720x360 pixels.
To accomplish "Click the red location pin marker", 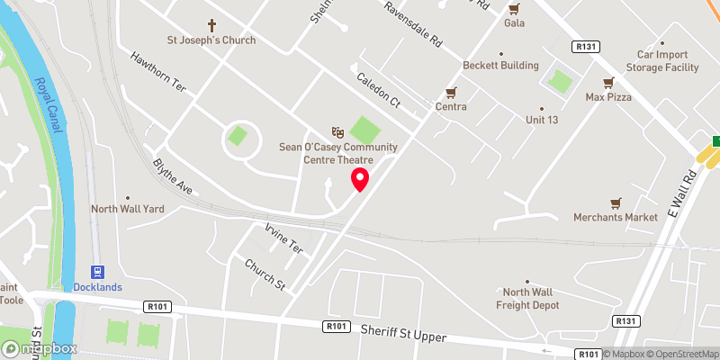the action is pyautogui.click(x=360, y=178).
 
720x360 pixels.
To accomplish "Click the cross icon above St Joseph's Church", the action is pyautogui.click(x=212, y=25).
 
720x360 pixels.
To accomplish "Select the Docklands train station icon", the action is pyautogui.click(x=97, y=272).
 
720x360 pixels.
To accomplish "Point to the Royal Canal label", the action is pyautogui.click(x=49, y=105).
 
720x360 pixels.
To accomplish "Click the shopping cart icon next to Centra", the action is pyautogui.click(x=451, y=93).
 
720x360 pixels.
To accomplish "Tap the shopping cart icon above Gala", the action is pyautogui.click(x=514, y=9).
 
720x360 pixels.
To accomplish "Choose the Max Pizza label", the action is pyautogui.click(x=608, y=96).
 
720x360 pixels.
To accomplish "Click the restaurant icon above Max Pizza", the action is pyautogui.click(x=608, y=82).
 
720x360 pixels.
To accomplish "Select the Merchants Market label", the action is pyautogui.click(x=616, y=217).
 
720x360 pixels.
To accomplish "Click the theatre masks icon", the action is pyautogui.click(x=337, y=132).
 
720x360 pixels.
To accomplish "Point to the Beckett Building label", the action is pyautogui.click(x=500, y=66).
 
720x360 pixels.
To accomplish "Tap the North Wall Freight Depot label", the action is pyautogui.click(x=531, y=298).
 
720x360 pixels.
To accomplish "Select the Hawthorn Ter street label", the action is pyautogui.click(x=157, y=70).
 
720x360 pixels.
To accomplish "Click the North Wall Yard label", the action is pyautogui.click(x=127, y=209).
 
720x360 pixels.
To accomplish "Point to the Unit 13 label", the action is pyautogui.click(x=543, y=120).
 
